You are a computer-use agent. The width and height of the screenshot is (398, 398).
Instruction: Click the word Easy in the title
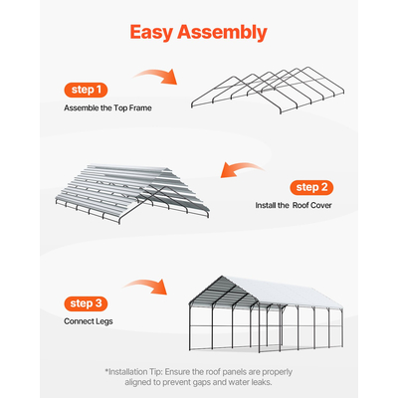158,32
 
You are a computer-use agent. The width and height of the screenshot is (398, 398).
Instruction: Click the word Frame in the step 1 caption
133,107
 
